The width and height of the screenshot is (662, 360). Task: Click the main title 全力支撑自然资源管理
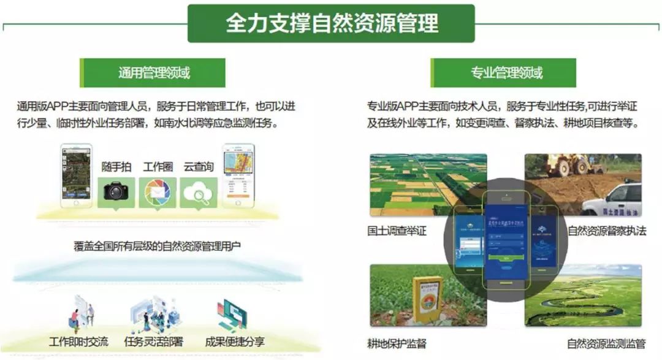(x=331, y=23)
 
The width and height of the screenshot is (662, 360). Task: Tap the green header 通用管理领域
(x=153, y=73)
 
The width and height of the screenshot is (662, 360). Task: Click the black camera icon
(x=116, y=191)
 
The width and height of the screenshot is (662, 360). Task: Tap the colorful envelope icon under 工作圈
(x=158, y=192)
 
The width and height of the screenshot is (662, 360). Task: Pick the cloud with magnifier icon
(x=199, y=192)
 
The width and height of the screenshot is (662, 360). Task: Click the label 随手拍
(x=116, y=167)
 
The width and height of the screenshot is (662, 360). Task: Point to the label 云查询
(x=199, y=167)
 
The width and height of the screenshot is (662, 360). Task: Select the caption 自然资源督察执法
(x=606, y=231)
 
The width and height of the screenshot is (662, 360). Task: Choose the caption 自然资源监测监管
(x=606, y=343)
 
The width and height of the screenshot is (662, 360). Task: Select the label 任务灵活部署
(x=153, y=342)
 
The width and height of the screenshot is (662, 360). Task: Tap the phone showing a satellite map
(x=76, y=175)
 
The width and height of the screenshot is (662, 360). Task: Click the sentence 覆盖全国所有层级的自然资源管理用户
(x=157, y=246)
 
